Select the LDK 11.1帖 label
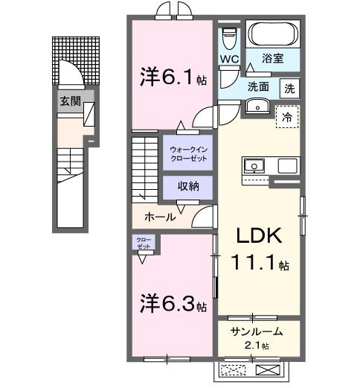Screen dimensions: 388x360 [x=258, y=249]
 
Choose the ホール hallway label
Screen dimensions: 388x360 [x=161, y=217]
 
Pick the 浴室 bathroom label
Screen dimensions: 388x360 [x=273, y=57]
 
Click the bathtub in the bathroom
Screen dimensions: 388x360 [x=272, y=34]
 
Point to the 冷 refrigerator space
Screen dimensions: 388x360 [x=286, y=117]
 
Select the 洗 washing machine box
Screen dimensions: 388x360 [x=291, y=86]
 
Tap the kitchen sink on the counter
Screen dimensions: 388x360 [x=252, y=165]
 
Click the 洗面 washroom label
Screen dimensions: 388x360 [x=258, y=86]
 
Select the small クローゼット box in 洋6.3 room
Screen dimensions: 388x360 [x=144, y=242]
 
